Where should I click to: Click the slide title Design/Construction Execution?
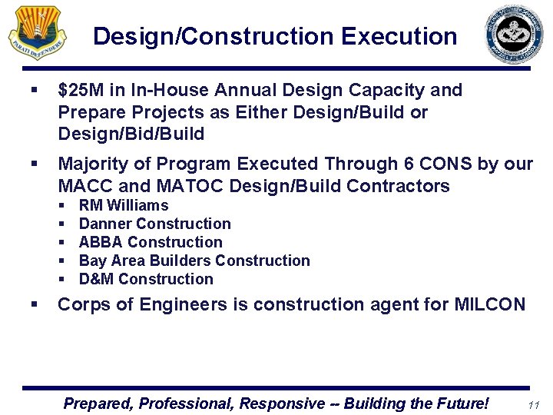point(274,36)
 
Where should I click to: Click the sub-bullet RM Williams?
point(123,205)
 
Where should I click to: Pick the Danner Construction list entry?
point(154,224)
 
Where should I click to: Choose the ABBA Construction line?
point(151,242)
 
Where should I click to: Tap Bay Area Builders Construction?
point(194,261)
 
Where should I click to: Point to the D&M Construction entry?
point(146,279)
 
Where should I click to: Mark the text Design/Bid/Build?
point(131,134)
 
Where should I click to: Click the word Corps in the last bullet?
point(81,304)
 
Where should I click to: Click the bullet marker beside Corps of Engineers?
point(34,305)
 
